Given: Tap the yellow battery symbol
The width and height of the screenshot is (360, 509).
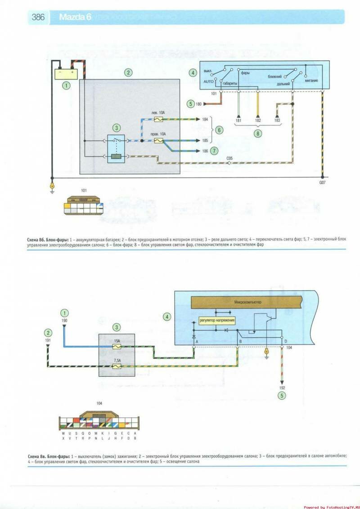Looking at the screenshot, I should point(67,72).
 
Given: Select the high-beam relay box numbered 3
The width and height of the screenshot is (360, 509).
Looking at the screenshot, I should point(116,149).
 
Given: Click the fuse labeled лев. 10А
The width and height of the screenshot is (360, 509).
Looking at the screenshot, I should point(158,120).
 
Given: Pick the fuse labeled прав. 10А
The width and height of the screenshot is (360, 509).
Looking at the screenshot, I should point(158,141).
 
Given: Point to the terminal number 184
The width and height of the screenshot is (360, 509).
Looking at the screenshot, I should point(206,120).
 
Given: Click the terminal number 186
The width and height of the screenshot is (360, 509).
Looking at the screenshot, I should point(205,151).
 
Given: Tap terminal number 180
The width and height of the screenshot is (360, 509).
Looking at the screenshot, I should point(198,104).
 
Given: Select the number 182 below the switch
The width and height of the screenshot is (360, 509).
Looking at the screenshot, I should point(258,121).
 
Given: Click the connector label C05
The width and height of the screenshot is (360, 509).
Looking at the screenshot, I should point(230,158).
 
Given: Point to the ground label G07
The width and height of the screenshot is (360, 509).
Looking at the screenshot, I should point(323,183).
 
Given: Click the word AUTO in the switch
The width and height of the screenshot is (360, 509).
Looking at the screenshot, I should point(208,82).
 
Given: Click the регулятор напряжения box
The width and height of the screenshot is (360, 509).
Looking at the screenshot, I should point(217,321).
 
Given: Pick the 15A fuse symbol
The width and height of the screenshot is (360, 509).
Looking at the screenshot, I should point(116,347).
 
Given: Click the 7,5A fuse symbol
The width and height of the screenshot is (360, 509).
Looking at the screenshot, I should point(116,367).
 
